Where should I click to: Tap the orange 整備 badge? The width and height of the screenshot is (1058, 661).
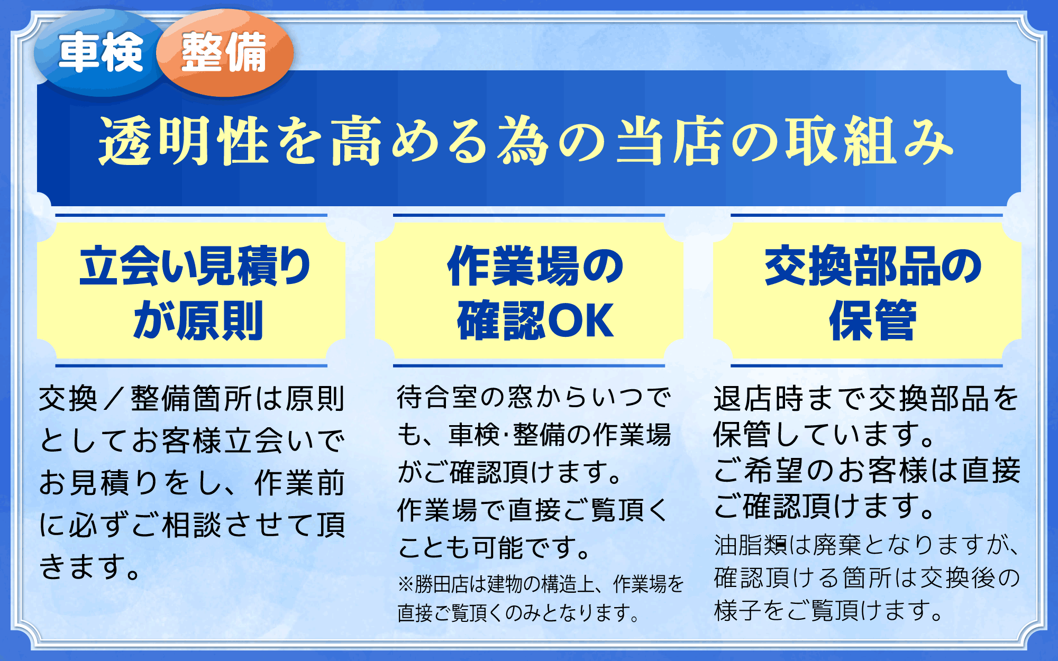[225, 52]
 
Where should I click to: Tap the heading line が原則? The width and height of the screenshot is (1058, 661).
[198, 320]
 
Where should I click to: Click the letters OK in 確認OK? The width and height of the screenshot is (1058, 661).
[580, 320]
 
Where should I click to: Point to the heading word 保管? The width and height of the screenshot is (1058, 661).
[873, 320]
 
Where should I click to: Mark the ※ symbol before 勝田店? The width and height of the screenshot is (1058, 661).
[406, 584]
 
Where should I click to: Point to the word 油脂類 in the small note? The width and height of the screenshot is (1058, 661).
[751, 545]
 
